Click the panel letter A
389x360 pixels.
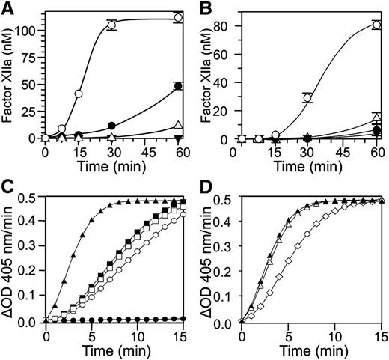click(x=8, y=8)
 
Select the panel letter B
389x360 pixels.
click(x=203, y=8)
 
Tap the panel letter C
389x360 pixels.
click(x=8, y=187)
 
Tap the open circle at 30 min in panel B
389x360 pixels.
click(x=307, y=97)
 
